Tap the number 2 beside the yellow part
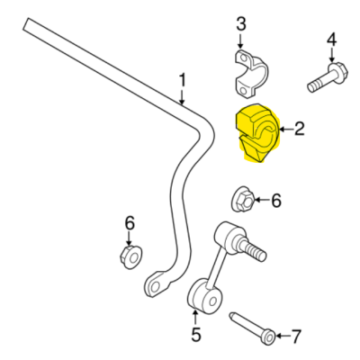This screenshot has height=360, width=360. pyautogui.click(x=300, y=129)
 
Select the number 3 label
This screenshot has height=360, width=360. pyautogui.click(x=241, y=24)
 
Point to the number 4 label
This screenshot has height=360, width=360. pyautogui.click(x=331, y=40)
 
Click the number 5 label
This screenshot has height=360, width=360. pyautogui.click(x=196, y=335)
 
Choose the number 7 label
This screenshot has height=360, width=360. pyautogui.click(x=296, y=337)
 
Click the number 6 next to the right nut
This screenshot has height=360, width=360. pyautogui.click(x=276, y=200)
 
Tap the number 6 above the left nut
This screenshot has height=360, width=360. pyautogui.click(x=130, y=223)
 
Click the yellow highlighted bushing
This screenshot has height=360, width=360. pyautogui.click(x=257, y=133)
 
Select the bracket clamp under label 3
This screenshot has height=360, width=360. pyautogui.click(x=251, y=74)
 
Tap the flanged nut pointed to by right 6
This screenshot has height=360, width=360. pyautogui.click(x=243, y=200)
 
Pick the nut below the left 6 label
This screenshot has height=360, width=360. pyautogui.click(x=131, y=256)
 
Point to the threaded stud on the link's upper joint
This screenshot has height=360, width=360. pyautogui.click(x=254, y=250)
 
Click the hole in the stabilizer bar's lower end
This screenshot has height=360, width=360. pyautogui.click(x=155, y=287)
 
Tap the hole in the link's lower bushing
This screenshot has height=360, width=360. pyautogui.click(x=213, y=301)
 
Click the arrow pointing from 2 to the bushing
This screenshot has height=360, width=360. pyautogui.click(x=286, y=130)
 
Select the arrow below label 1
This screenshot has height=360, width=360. pyautogui.click(x=182, y=97)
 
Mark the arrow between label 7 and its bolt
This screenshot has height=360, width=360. pyautogui.click(x=283, y=337)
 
